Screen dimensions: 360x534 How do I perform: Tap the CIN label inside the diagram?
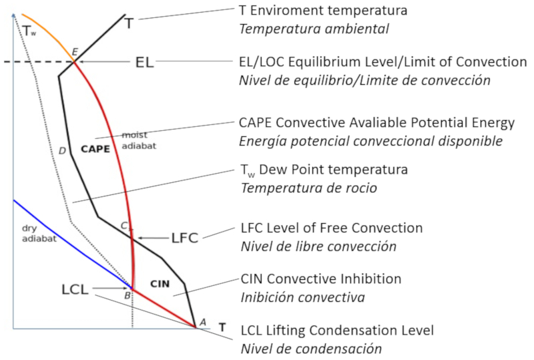160,284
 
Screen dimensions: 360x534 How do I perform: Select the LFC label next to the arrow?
184,238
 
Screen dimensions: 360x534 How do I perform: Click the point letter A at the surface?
203,322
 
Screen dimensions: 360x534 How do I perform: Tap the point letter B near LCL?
126,295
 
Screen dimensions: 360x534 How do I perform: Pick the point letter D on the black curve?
62,151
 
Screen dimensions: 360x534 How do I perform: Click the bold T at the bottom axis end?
222,328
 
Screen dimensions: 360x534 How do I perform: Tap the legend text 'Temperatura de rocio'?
308,188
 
